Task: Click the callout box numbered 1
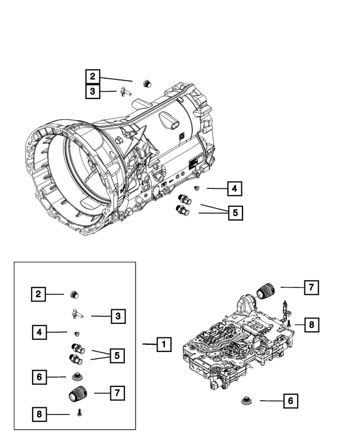(163, 344)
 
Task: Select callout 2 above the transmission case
(93, 77)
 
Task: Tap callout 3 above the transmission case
(93, 91)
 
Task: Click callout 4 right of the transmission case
(235, 189)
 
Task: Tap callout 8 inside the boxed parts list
(39, 415)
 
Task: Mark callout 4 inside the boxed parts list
(39, 333)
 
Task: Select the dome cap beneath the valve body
(246, 400)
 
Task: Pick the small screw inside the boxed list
(80, 413)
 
